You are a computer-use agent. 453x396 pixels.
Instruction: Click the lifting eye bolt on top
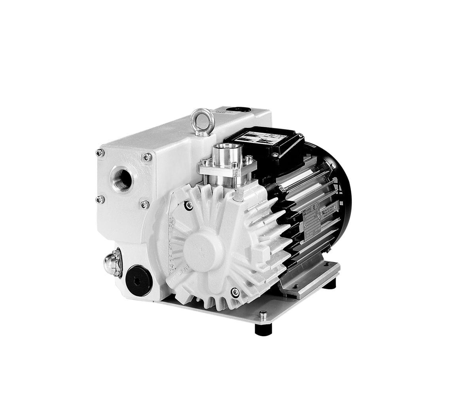coord(202,119)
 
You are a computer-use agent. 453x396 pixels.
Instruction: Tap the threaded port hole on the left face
coord(122,179)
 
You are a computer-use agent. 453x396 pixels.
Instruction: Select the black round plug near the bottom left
coord(138,280)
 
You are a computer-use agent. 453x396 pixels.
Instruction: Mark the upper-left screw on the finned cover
coord(189,205)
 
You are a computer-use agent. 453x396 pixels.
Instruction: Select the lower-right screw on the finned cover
coord(235,292)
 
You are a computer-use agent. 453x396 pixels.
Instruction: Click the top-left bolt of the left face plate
coord(100,152)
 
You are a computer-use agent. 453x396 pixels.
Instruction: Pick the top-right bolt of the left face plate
coord(147,157)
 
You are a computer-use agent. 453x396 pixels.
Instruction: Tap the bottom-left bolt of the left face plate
coord(100,199)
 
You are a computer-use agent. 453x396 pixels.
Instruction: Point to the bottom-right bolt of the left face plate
coord(145,204)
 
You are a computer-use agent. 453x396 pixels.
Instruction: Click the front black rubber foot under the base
coord(263,329)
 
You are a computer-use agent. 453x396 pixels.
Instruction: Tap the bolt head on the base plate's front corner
coord(263,316)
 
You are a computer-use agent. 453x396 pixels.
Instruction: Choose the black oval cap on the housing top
coord(238,109)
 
